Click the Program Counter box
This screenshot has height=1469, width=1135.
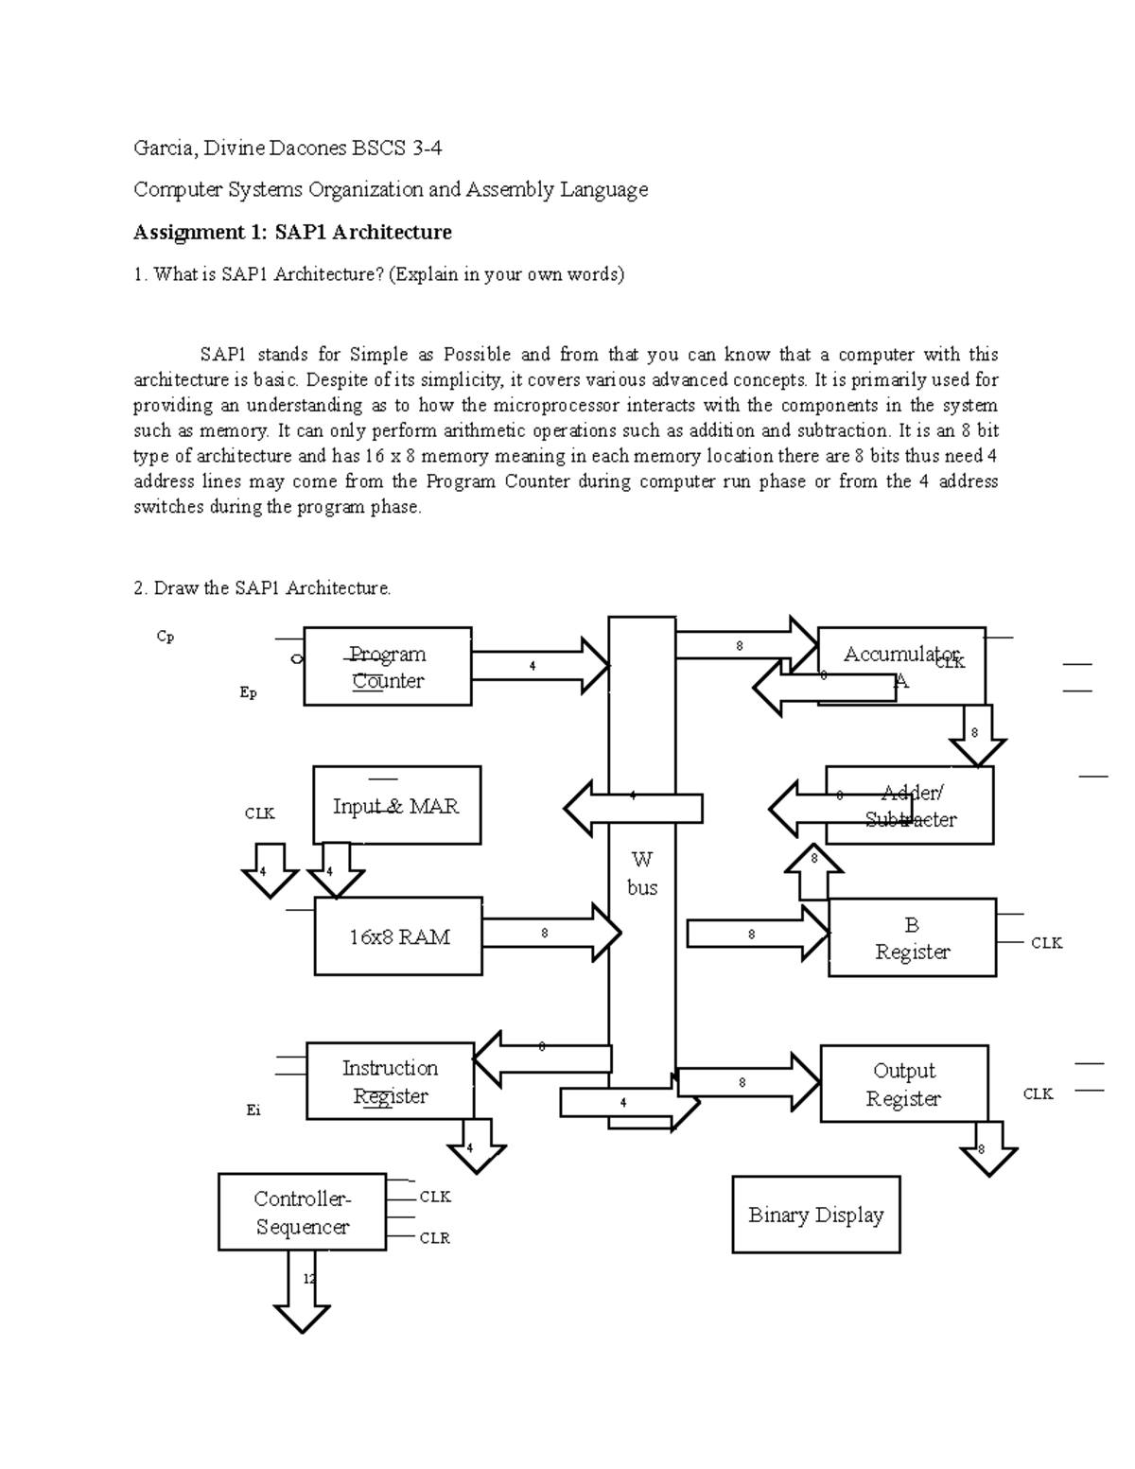click(387, 667)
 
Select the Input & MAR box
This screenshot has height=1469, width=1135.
click(396, 806)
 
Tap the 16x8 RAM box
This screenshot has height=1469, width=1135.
click(398, 936)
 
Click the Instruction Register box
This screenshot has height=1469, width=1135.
click(390, 1081)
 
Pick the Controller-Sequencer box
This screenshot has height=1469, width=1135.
click(302, 1213)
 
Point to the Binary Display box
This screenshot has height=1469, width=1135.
click(815, 1215)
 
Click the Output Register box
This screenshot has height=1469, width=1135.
click(903, 1084)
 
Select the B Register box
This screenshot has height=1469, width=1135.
click(912, 937)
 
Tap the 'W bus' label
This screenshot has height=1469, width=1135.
click(641, 873)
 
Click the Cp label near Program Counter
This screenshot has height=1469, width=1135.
click(166, 637)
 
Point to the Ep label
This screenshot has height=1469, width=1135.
click(248, 692)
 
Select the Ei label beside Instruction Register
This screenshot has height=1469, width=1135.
click(253, 1110)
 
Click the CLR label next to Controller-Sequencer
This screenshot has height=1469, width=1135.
click(434, 1237)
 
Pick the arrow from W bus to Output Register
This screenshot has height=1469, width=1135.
click(747, 1081)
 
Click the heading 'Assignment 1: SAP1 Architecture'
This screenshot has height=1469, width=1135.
click(292, 232)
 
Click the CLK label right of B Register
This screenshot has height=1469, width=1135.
click(1046, 943)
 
